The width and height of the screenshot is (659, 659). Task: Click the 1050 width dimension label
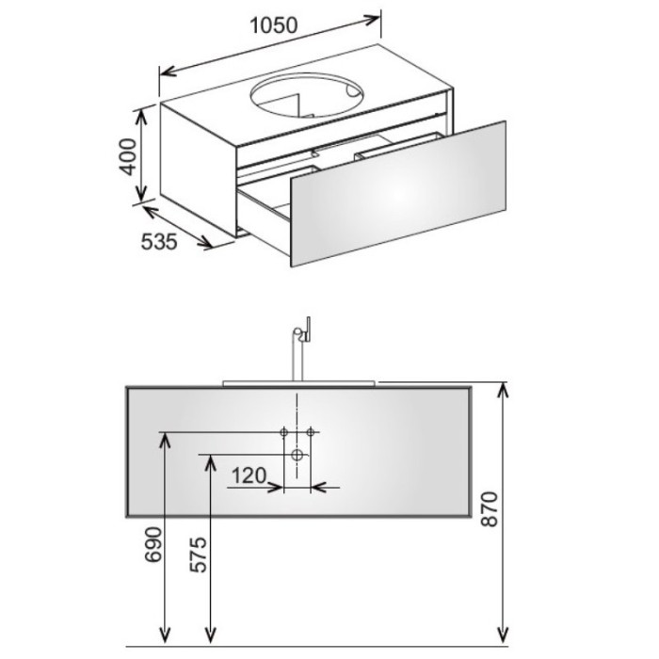click(274, 25)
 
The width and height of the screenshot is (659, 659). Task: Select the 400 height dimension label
click(128, 157)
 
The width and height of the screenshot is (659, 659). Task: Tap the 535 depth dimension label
click(159, 242)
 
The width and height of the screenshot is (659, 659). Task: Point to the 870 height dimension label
click(490, 509)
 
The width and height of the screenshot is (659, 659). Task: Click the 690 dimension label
click(153, 544)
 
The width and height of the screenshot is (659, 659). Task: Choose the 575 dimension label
click(199, 555)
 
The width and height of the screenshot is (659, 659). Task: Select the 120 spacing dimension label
click(249, 475)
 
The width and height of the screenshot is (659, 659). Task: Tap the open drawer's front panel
click(397, 193)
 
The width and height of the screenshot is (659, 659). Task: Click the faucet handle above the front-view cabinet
click(307, 329)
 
